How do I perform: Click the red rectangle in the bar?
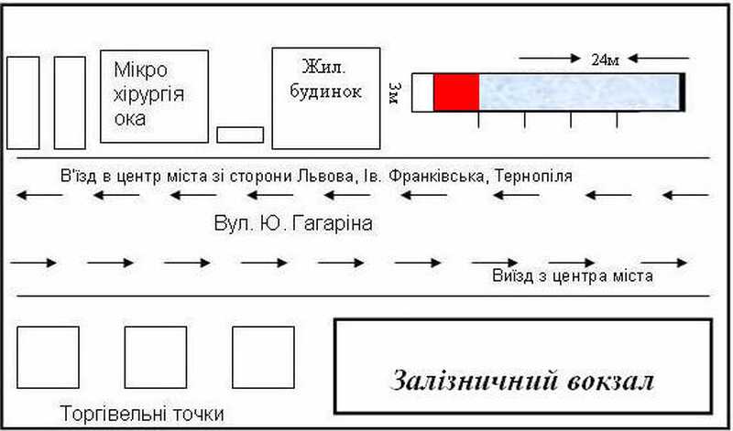[x=455, y=92]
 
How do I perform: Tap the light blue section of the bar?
[x=579, y=92]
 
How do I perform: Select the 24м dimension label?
[x=606, y=59]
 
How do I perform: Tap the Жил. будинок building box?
[x=326, y=98]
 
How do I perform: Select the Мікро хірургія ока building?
[x=153, y=95]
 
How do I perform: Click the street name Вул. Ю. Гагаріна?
[x=293, y=223]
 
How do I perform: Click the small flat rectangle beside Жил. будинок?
[x=240, y=135]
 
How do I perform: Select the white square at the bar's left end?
[x=422, y=92]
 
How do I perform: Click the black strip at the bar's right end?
[x=682, y=92]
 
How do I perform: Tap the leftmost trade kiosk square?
[x=48, y=357]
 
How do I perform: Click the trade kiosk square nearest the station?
[x=263, y=357]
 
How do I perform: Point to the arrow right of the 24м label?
[x=653, y=59]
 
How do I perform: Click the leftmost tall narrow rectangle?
[x=23, y=102]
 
